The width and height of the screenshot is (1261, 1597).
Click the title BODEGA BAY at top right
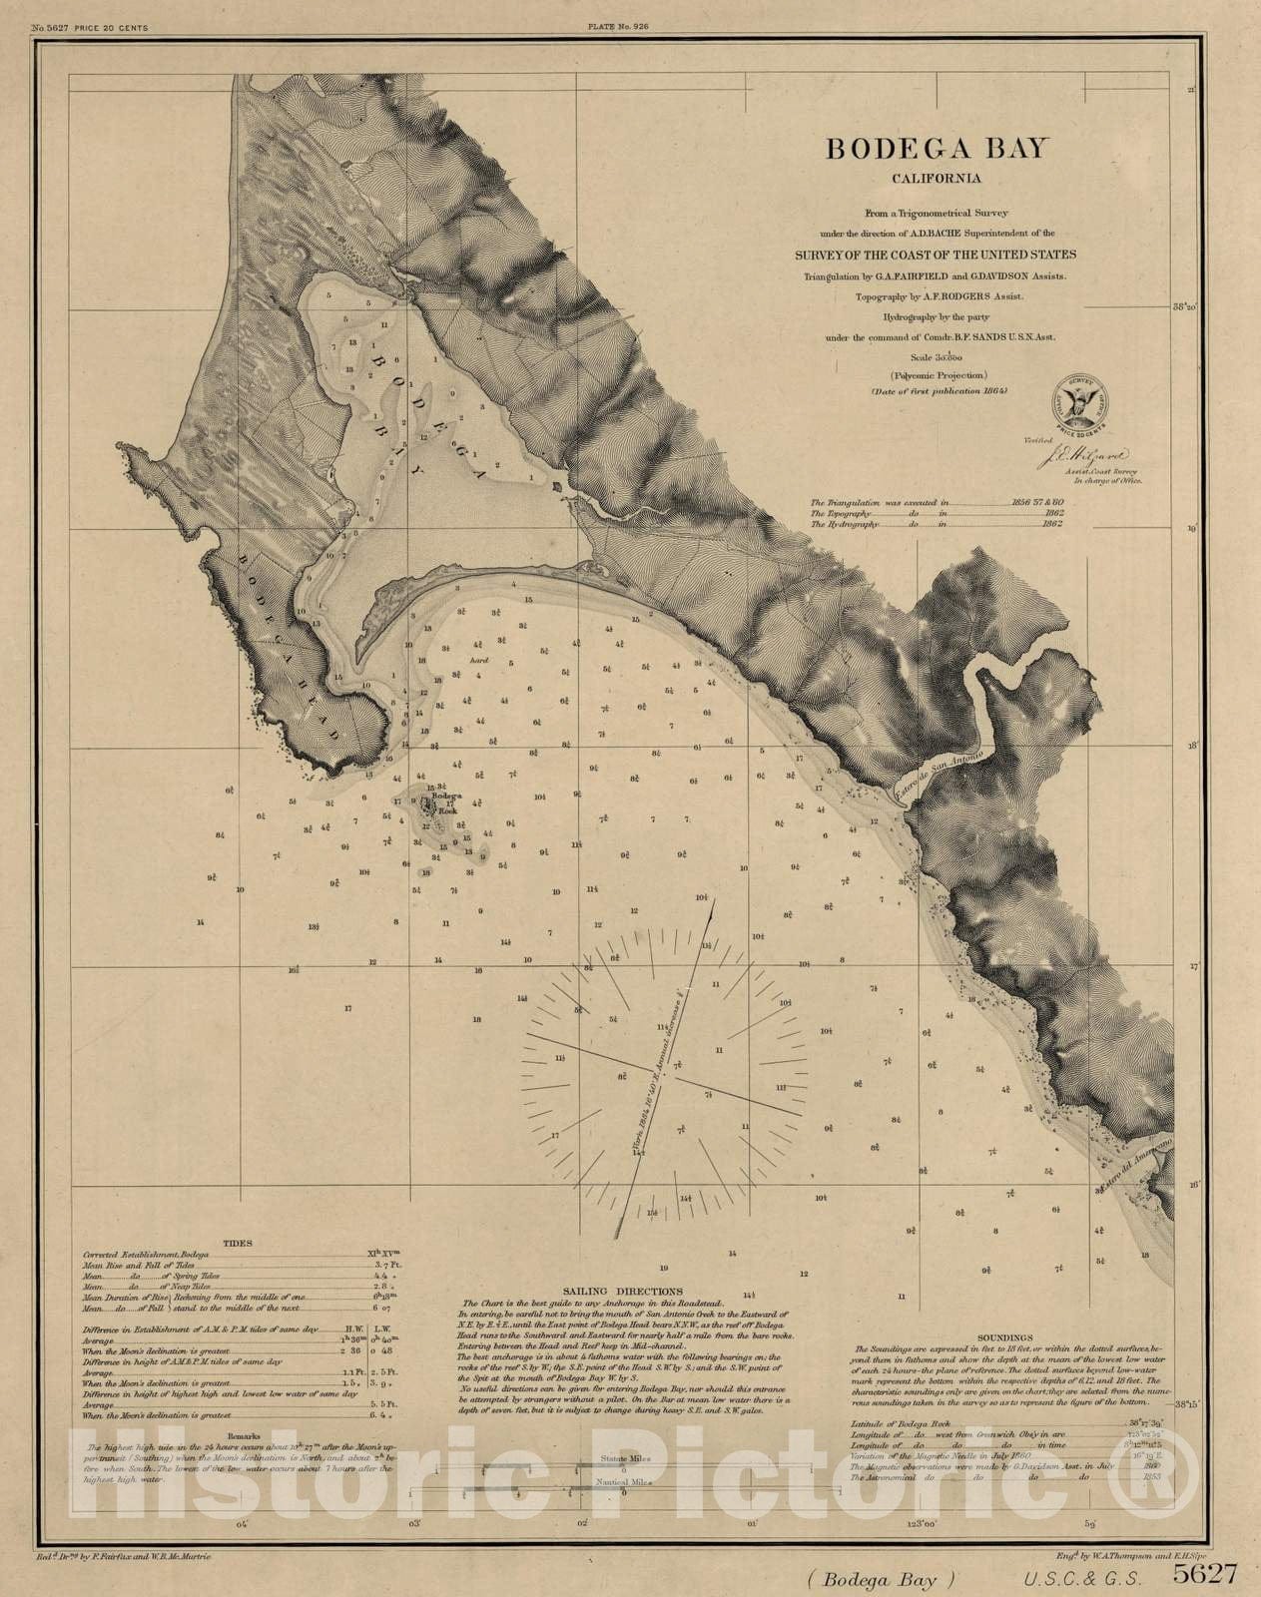(x=936, y=149)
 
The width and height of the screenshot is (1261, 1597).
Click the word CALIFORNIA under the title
(x=936, y=180)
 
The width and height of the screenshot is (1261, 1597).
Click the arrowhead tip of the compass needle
(x=714, y=901)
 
